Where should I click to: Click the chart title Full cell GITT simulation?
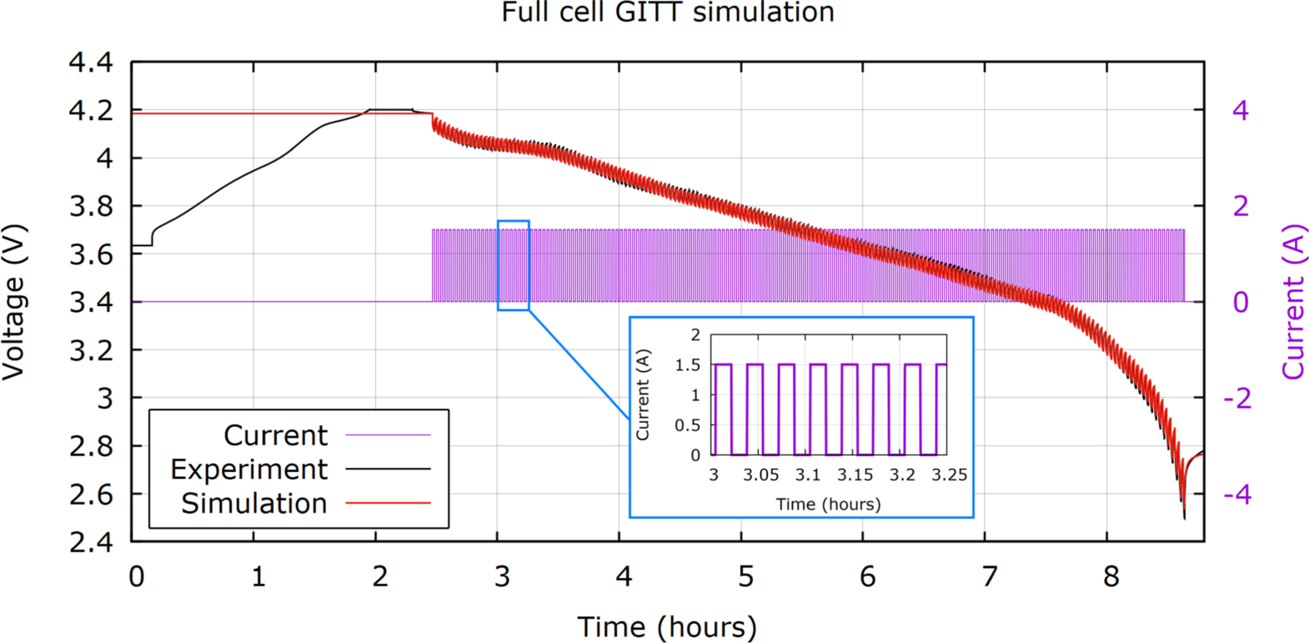click(667, 13)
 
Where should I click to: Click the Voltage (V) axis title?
click(14, 302)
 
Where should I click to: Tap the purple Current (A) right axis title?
click(1292, 302)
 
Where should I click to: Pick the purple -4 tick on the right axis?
click(1237, 495)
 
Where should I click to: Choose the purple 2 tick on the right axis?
click(1241, 206)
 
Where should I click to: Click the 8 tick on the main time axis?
click(1111, 576)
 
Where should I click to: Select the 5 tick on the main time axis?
click(745, 576)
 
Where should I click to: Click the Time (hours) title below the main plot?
click(667, 626)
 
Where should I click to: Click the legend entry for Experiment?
click(249, 470)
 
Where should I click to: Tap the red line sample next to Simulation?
click(388, 504)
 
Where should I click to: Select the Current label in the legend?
click(276, 435)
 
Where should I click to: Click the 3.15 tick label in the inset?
click(855, 475)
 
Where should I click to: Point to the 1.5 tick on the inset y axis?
click(688, 365)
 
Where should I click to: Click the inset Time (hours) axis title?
click(828, 505)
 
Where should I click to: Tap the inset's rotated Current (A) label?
click(643, 395)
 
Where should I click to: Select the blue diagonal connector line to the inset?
click(579, 364)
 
